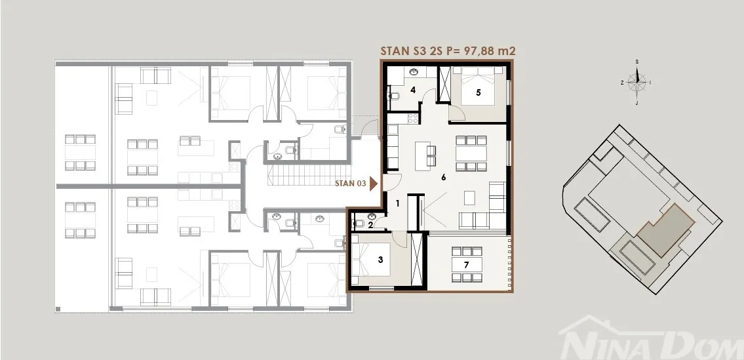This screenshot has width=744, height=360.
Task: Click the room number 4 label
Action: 413,90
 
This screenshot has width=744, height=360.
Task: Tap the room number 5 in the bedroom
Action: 479,92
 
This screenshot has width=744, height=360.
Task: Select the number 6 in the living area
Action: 444,178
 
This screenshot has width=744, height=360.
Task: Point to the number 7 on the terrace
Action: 467,265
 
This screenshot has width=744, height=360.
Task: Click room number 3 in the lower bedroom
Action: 380,259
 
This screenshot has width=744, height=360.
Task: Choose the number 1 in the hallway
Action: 398,204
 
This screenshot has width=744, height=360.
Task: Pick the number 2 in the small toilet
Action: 370,225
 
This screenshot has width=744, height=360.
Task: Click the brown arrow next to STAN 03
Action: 374,184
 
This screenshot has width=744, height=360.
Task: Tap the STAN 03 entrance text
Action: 350,184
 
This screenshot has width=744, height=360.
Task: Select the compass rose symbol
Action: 636,82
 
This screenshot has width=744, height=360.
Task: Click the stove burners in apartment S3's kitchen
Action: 413,118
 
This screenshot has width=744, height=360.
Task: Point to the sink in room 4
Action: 413,71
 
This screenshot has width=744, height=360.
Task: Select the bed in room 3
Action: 371,259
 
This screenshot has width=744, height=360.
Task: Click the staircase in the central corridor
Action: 309,176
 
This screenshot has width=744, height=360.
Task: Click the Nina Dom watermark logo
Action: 651,338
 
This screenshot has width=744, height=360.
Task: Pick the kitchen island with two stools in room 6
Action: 425,156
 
